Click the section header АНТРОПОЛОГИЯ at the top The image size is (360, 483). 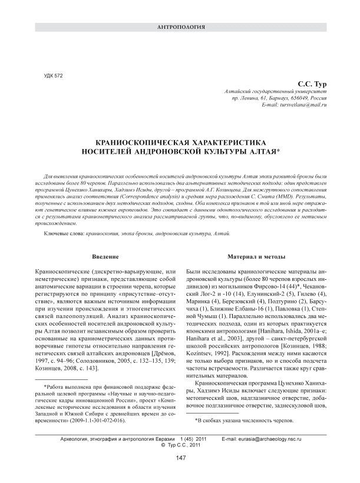[180, 27]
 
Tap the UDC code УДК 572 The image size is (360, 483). [54, 76]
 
